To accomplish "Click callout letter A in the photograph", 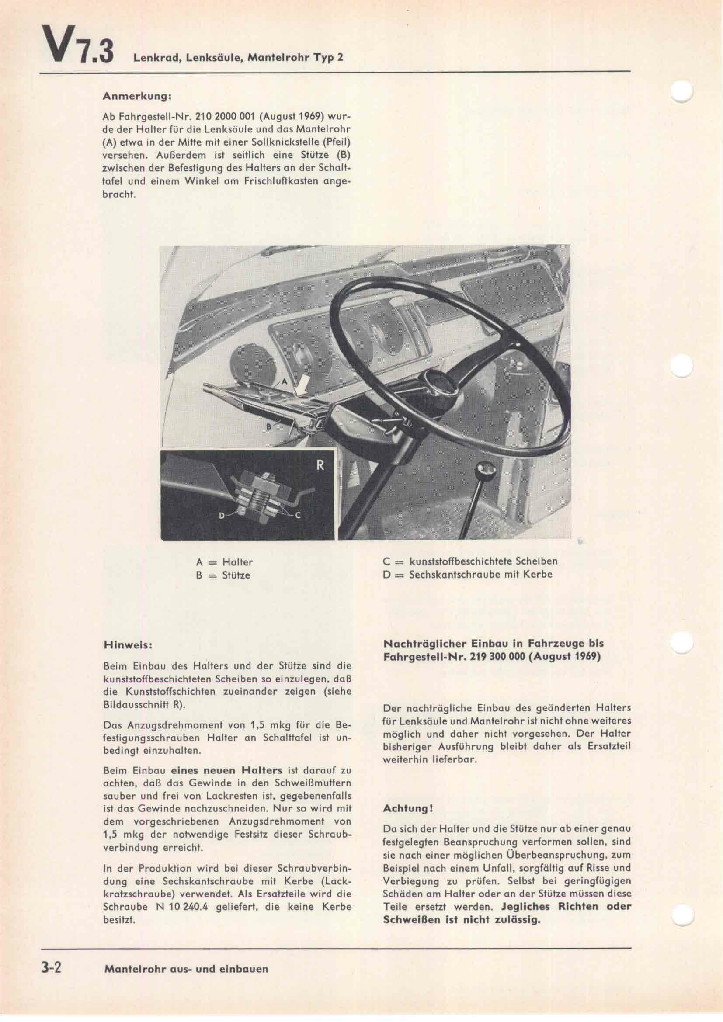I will [285, 382].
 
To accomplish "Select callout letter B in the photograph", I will [269, 426].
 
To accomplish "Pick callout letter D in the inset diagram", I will [221, 516].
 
